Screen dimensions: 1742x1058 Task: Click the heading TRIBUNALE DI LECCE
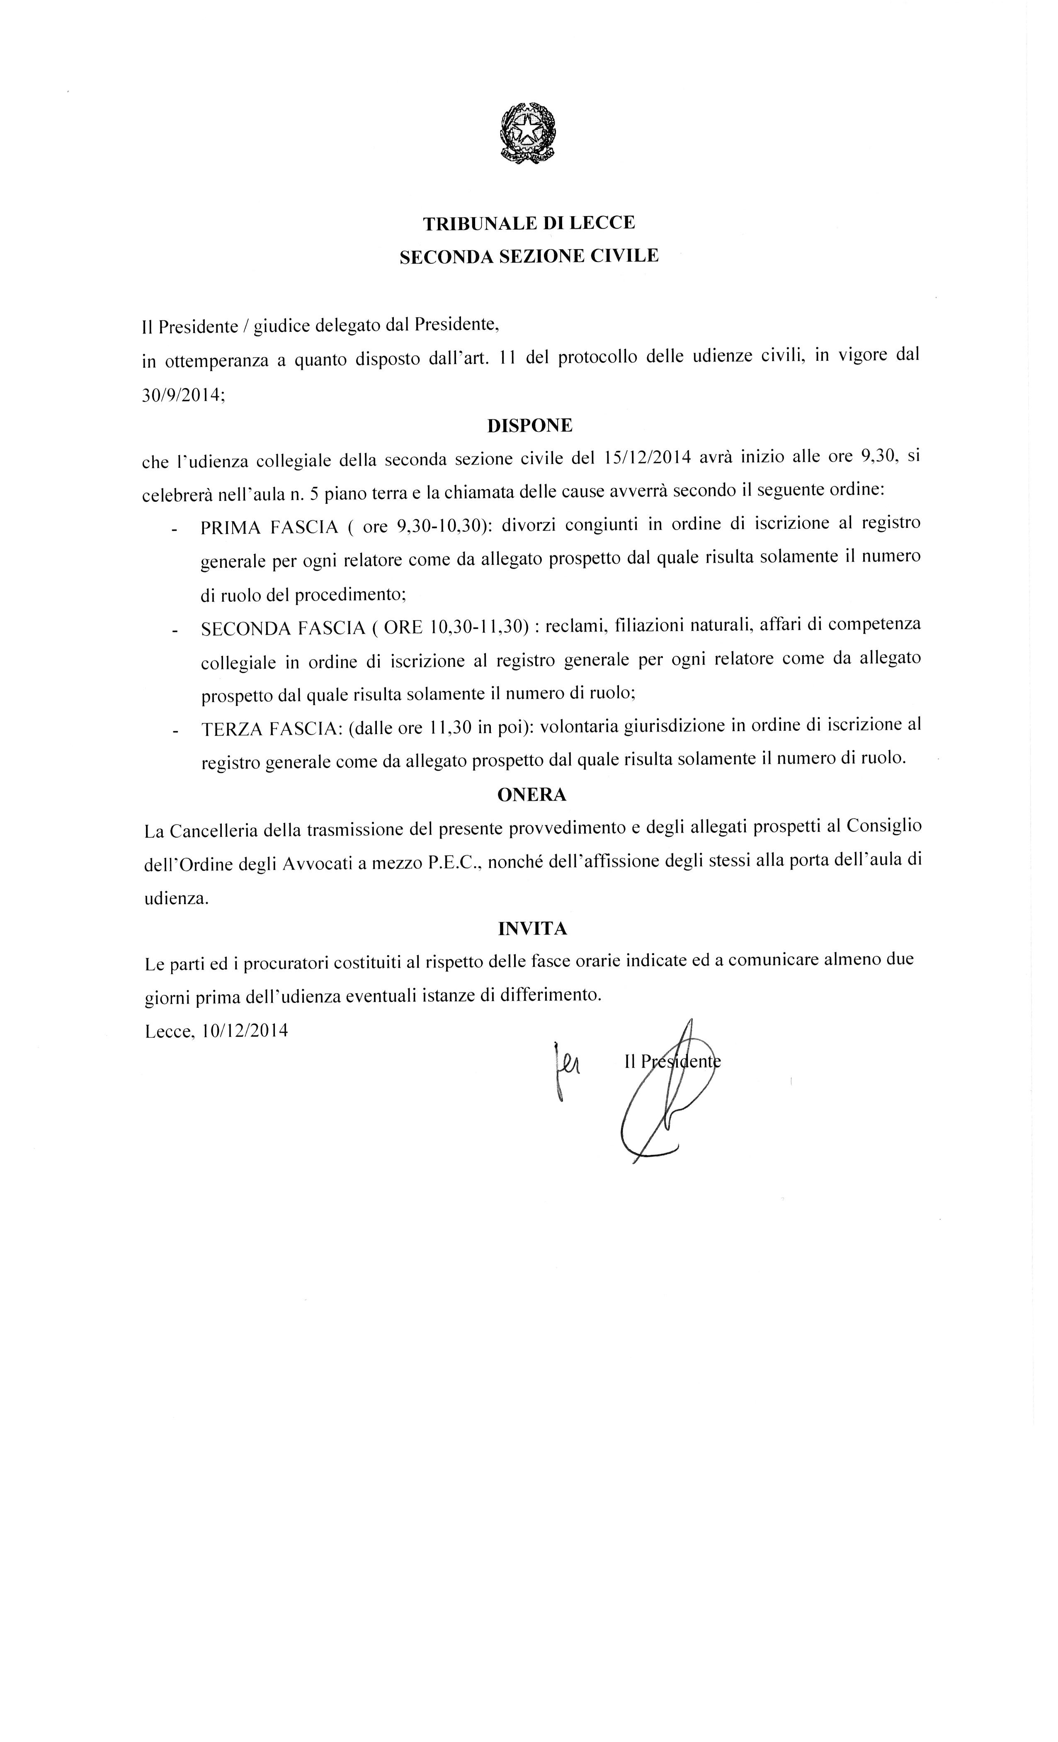pos(529,224)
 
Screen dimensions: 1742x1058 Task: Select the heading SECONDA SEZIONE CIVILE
pos(529,256)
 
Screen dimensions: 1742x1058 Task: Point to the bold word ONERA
pos(531,795)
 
